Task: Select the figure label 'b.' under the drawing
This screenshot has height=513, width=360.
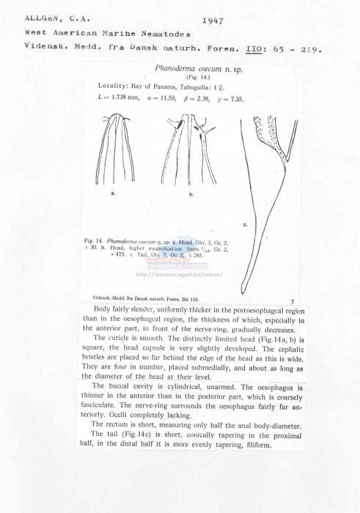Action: [x=191, y=194]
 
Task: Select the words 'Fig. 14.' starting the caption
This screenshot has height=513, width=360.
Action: [x=94, y=240]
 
